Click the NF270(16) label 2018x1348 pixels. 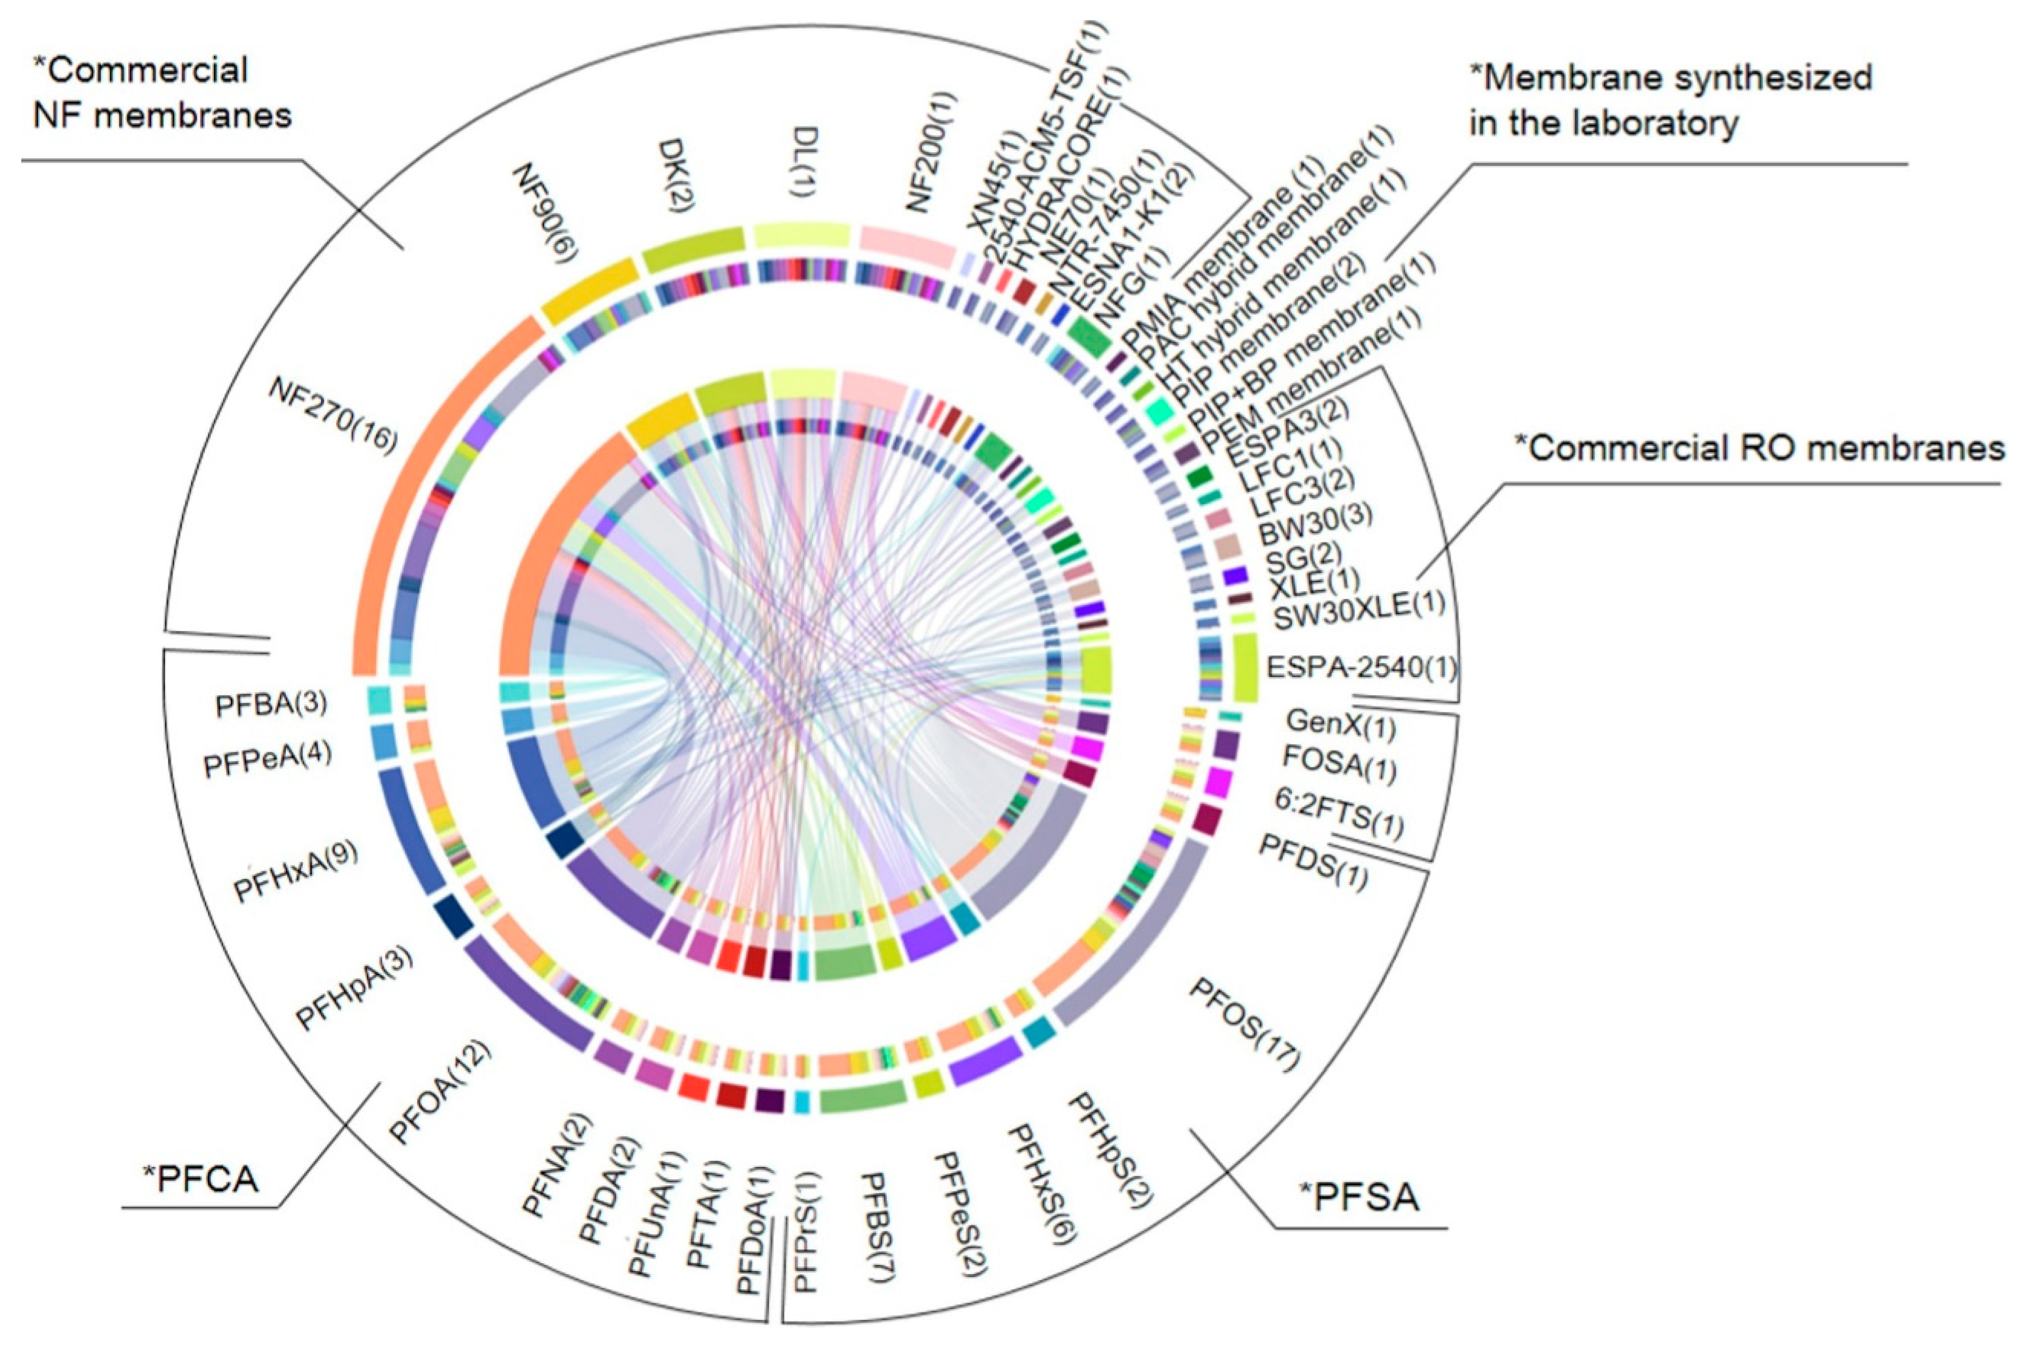pyautogui.click(x=334, y=415)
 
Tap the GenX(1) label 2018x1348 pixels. pyautogui.click(x=1340, y=725)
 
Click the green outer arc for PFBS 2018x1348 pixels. pyautogui.click(x=862, y=1095)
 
